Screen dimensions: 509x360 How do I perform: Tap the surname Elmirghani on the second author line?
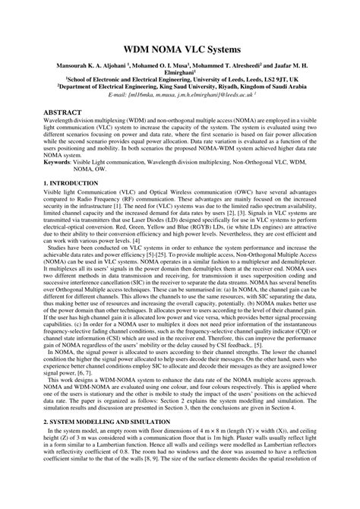coord(179,75)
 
